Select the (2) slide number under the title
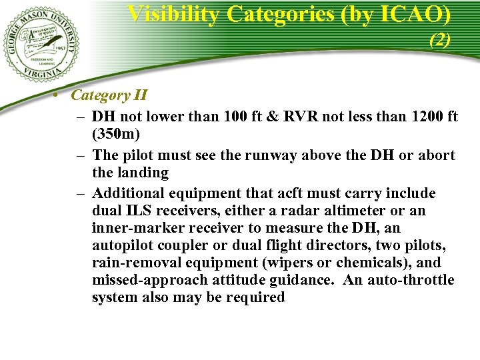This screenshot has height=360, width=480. point(439,40)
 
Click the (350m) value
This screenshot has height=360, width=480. point(116,134)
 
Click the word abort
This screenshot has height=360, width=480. point(437,155)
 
